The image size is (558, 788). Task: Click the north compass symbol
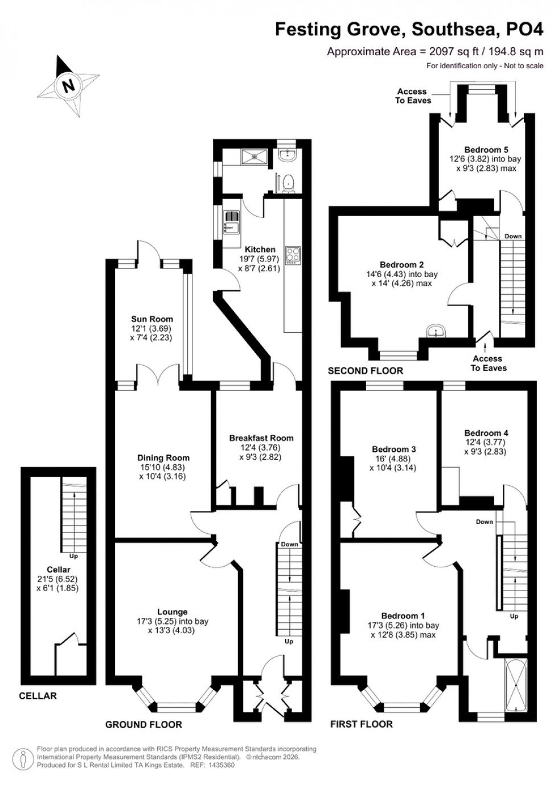(x=69, y=86)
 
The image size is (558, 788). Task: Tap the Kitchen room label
(x=260, y=249)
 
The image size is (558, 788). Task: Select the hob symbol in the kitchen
(x=293, y=254)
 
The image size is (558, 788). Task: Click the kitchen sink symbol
(x=232, y=222)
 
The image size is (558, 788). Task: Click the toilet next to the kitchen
(x=289, y=181)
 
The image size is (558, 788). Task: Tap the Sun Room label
(x=151, y=319)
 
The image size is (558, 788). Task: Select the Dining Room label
(x=163, y=457)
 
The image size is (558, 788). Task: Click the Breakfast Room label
(x=261, y=438)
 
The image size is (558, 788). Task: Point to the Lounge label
(x=172, y=612)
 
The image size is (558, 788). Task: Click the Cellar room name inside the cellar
(x=58, y=570)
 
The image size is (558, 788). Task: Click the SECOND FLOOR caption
(x=365, y=371)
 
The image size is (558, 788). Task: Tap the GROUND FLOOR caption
(x=143, y=724)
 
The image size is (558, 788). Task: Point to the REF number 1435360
(x=219, y=765)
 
